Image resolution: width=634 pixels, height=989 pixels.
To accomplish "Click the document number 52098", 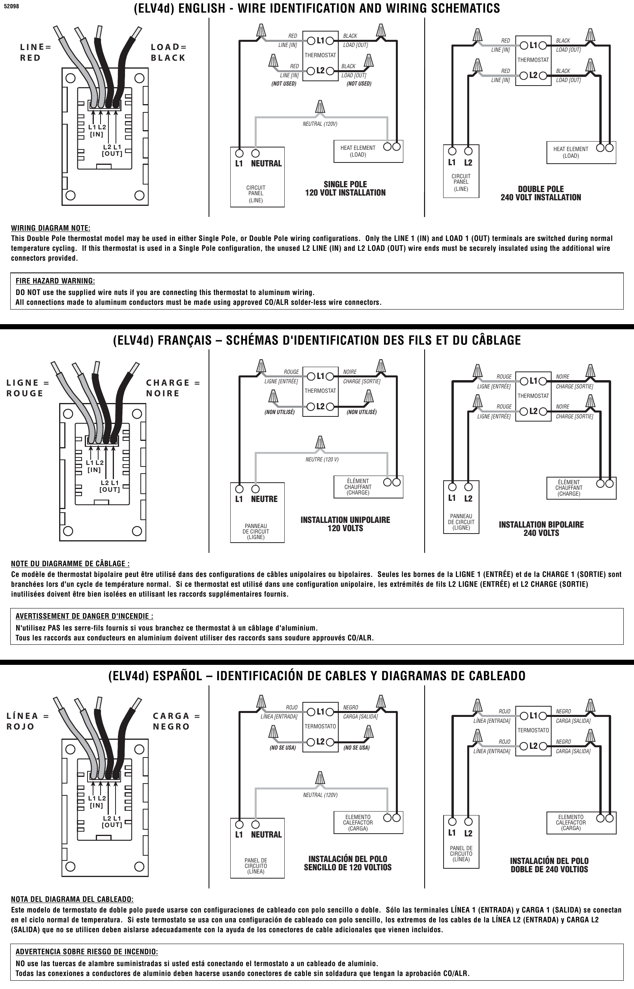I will pos(11,7).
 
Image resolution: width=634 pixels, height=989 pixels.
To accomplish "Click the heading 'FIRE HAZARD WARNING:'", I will pos(55,281).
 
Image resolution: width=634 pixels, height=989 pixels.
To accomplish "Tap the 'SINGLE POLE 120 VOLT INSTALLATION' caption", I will pos(345,188).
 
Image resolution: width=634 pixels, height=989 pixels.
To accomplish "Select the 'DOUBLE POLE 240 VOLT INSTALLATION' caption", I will pos(541,193).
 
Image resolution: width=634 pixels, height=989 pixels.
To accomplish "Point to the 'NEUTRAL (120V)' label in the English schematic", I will pos(320,124).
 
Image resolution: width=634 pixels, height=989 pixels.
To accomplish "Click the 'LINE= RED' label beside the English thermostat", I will pos(35,52).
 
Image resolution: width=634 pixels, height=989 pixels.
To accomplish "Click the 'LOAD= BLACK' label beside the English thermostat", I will pos(168,52).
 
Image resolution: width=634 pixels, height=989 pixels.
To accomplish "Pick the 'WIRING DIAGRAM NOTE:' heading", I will pos(50,228).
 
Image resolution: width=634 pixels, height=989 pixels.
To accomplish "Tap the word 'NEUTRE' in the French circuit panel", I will pos(264,499).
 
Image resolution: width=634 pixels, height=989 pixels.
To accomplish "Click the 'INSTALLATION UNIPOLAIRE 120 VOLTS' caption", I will pos(345,524).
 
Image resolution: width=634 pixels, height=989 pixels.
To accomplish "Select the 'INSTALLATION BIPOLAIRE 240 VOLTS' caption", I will pos(541,529).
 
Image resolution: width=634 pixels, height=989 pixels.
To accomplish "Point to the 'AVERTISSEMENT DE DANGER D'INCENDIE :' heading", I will pos(84,616).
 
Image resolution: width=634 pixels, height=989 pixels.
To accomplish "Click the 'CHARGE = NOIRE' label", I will pos(173,388).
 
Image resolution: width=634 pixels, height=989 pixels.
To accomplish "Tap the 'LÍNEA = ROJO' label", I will pos(28,721).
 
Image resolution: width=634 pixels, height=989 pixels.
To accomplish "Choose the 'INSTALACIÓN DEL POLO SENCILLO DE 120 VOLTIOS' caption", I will pos(347,863).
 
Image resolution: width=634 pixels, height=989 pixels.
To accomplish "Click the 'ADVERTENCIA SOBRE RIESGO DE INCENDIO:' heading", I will pos(86,952).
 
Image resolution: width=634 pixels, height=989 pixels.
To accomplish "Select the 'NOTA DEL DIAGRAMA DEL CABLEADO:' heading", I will pos(72,899).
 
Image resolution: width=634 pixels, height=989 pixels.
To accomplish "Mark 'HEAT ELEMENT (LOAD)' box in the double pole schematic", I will pos(581,152).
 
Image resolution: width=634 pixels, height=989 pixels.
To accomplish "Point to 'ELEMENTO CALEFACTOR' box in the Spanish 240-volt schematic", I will pos(581,823).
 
